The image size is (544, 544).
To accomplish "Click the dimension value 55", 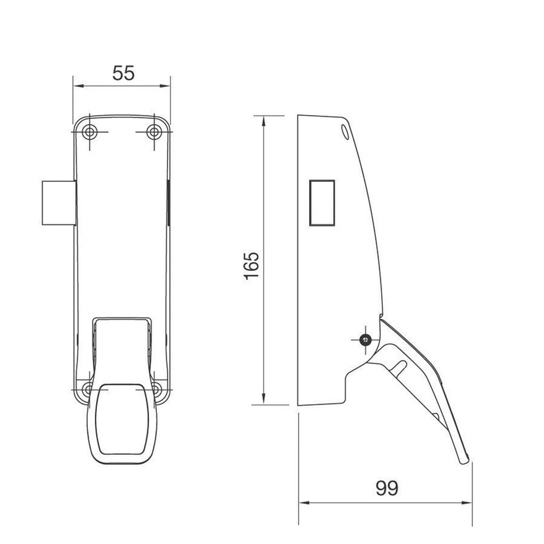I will tap(124, 73).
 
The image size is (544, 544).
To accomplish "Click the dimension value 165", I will tap(252, 266).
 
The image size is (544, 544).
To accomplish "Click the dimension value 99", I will tap(386, 488).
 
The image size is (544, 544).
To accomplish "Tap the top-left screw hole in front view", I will tap(89, 132).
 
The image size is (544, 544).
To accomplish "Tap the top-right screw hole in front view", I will tap(155, 132).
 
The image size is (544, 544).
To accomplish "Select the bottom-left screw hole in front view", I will tap(88, 389).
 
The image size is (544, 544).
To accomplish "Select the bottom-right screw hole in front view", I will tap(156, 389).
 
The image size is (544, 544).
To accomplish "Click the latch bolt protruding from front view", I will tap(58, 203).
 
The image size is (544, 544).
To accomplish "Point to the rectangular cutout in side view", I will tap(322, 202).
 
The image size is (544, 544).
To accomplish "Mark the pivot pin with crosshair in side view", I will tap(366, 339).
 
